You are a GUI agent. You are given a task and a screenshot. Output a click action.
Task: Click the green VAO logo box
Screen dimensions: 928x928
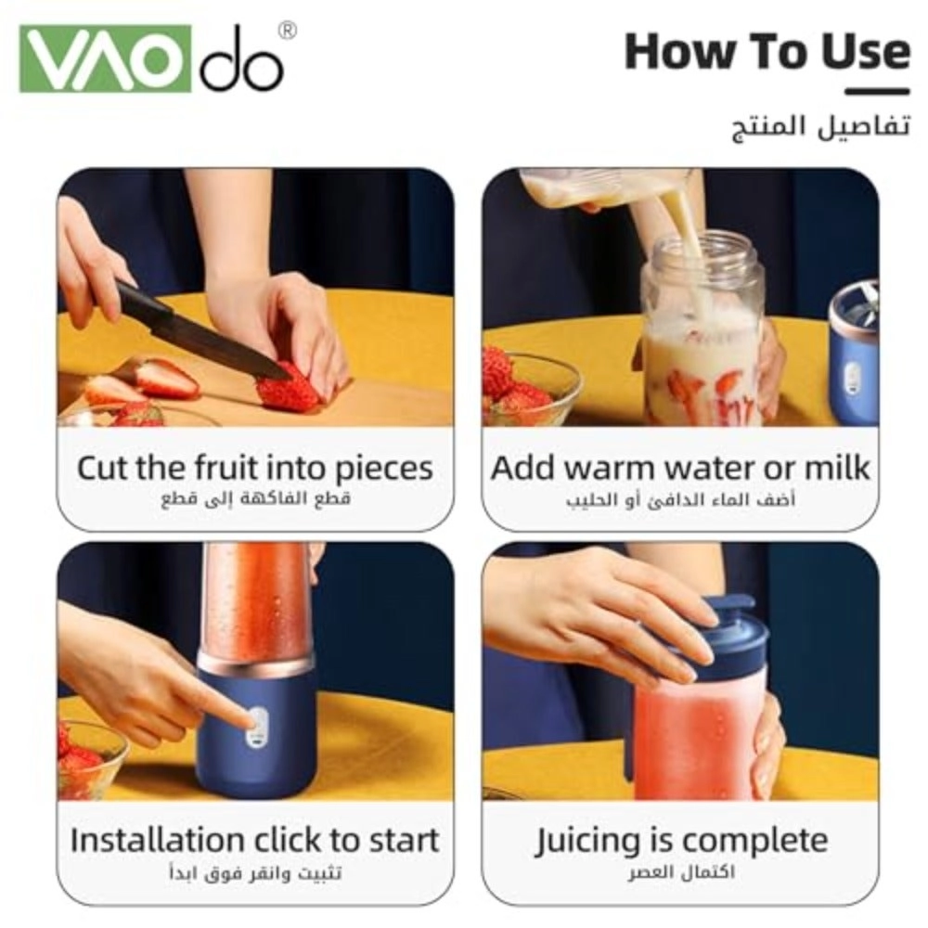(106, 58)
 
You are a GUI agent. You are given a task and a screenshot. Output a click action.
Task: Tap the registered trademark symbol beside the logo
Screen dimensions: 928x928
(287, 31)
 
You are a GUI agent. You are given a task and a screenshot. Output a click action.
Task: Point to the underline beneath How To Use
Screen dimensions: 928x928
(877, 92)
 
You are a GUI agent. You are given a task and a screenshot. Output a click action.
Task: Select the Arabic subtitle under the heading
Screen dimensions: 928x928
(821, 126)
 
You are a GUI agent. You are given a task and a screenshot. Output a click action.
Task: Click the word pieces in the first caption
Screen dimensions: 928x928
(384, 470)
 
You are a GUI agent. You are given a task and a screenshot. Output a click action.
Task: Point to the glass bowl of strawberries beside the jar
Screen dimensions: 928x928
(530, 388)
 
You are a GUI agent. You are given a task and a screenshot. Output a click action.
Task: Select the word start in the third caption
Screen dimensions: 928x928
(405, 841)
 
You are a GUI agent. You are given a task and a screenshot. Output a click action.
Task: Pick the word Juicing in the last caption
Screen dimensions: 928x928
(588, 842)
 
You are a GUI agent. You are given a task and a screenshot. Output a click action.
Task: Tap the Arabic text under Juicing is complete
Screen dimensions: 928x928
(681, 872)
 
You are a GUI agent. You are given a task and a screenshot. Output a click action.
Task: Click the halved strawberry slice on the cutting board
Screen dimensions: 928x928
(166, 378)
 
